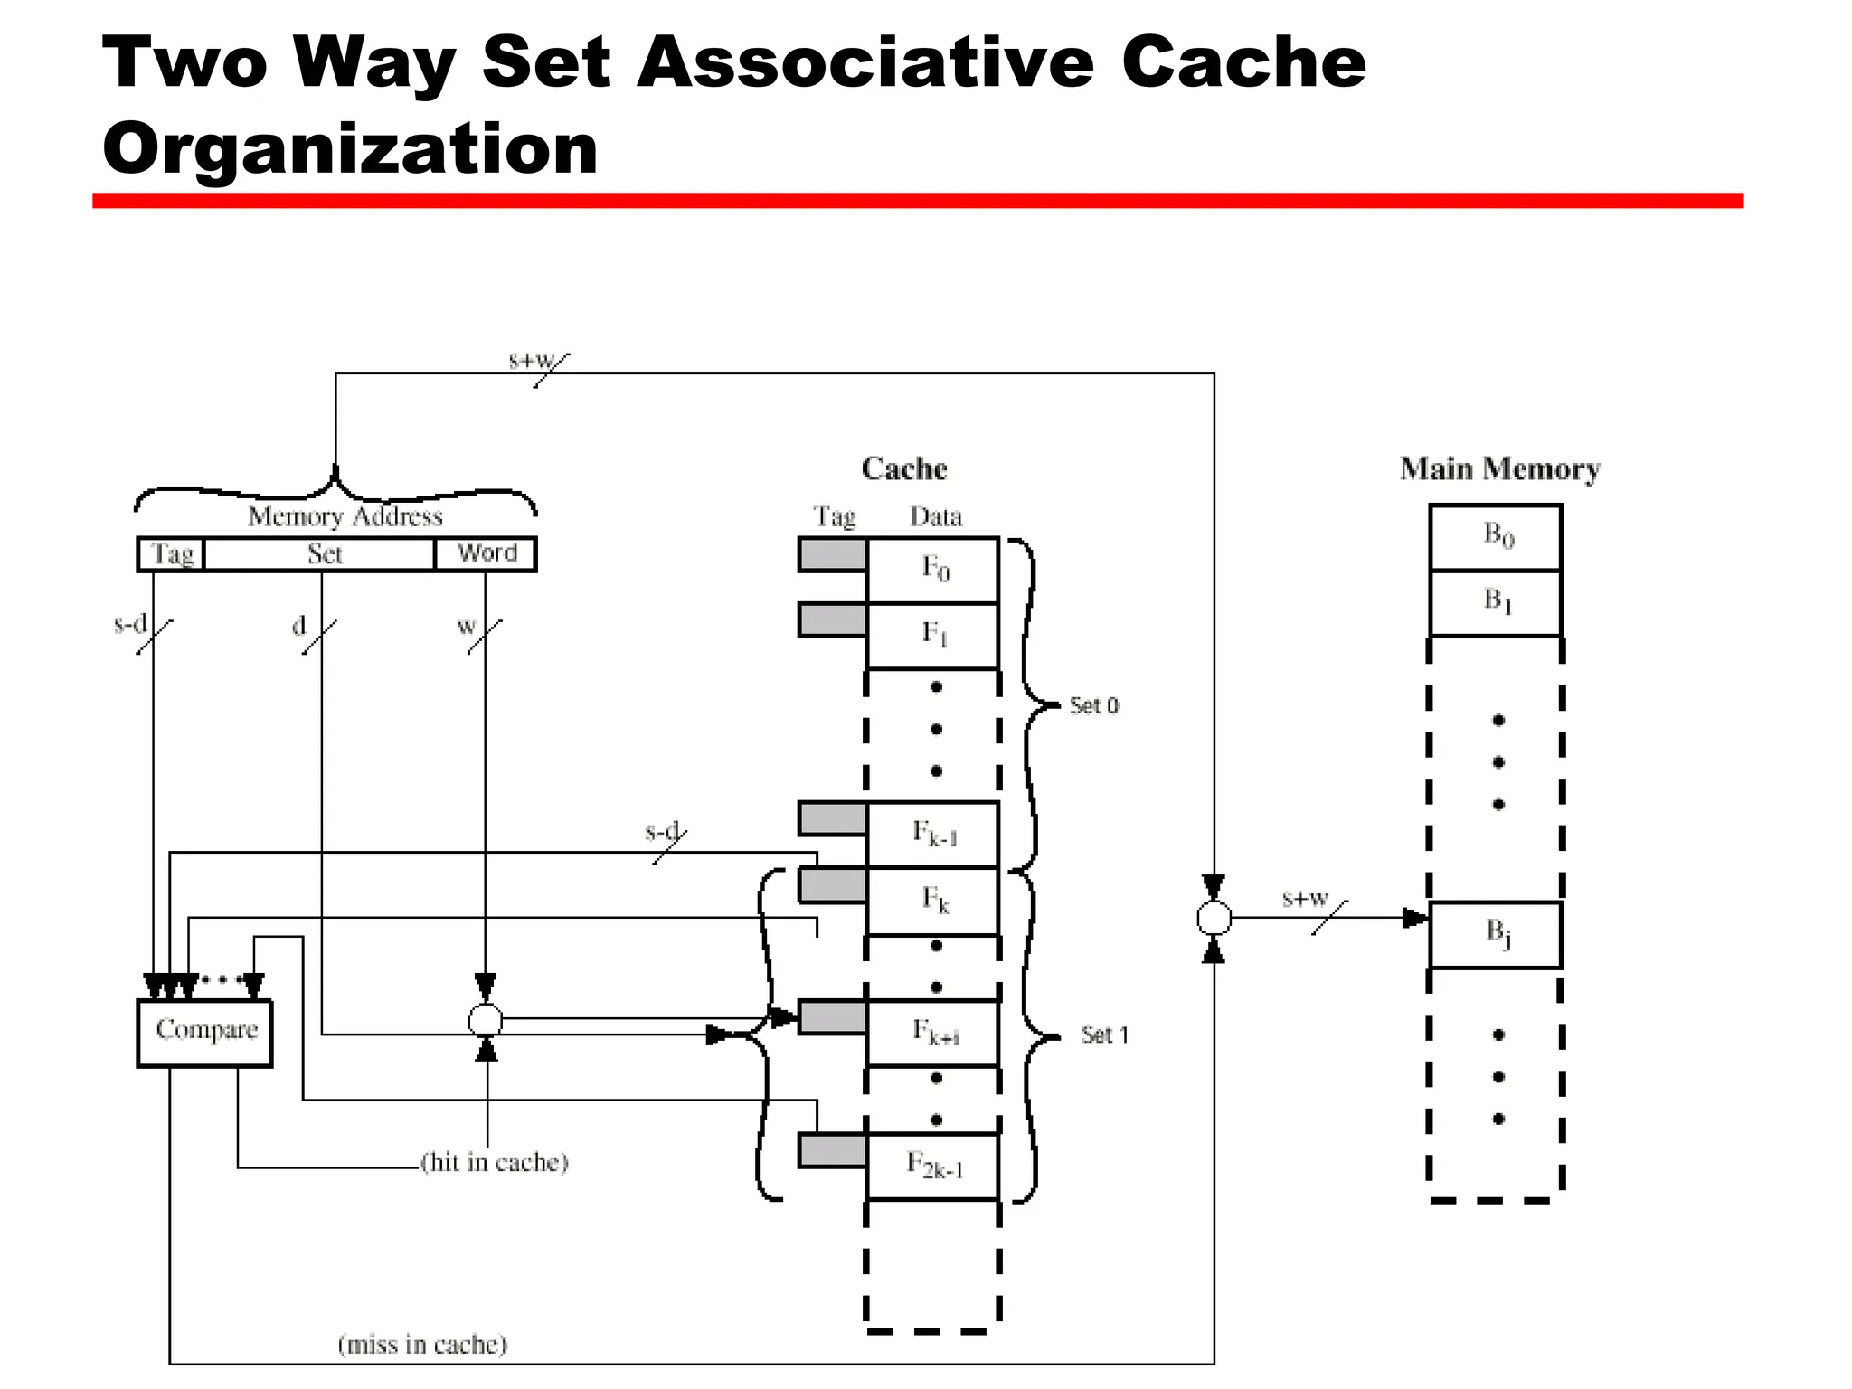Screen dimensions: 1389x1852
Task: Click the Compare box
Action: pos(204,1032)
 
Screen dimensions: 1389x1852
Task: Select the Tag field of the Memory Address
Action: pos(172,553)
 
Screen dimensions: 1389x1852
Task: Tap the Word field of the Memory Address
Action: pos(487,553)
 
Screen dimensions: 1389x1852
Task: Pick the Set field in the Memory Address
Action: pos(322,553)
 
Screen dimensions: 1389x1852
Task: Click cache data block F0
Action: pos(933,570)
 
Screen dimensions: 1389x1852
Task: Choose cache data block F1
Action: pos(933,635)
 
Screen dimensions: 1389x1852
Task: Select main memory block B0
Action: pos(1497,536)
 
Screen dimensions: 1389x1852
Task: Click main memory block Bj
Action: pos(1497,934)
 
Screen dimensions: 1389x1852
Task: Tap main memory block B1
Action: pos(1497,602)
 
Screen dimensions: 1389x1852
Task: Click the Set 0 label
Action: pos(1093,705)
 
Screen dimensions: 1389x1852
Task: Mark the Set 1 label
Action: pos(1104,1035)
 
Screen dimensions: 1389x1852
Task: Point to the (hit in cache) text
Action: pos(495,1162)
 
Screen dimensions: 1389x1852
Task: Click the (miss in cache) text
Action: pos(422,1345)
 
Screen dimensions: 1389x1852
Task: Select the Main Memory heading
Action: pos(1499,469)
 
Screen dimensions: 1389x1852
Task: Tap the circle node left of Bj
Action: pos(1214,918)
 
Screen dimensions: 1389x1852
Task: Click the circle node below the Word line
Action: pos(486,1021)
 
